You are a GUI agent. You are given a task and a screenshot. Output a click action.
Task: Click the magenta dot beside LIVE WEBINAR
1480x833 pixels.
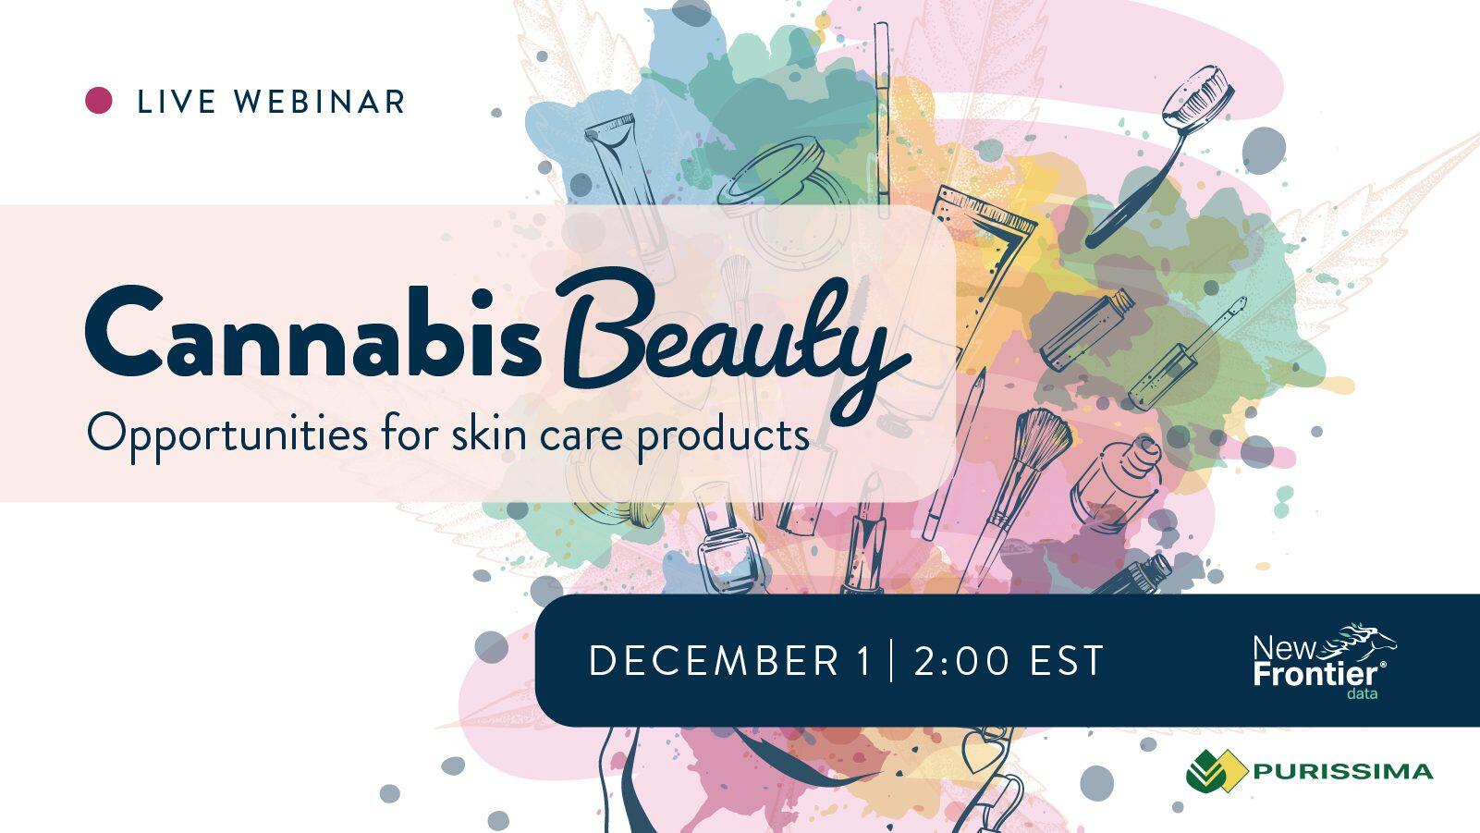[98, 101]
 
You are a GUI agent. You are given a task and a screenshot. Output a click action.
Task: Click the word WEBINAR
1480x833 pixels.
[319, 102]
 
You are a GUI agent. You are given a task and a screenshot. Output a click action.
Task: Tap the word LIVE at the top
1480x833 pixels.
[177, 102]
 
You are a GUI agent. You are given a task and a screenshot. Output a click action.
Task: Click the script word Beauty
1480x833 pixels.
[733, 344]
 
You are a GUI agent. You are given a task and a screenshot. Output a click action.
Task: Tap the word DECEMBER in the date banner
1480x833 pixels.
[714, 660]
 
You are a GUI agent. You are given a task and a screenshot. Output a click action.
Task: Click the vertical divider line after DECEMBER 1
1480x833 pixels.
[891, 660]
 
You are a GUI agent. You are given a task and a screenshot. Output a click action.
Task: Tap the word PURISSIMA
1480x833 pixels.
[1343, 772]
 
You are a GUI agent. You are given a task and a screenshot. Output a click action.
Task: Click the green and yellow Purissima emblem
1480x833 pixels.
[1217, 770]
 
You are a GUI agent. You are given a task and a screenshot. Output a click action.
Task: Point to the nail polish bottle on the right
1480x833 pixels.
[1115, 484]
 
